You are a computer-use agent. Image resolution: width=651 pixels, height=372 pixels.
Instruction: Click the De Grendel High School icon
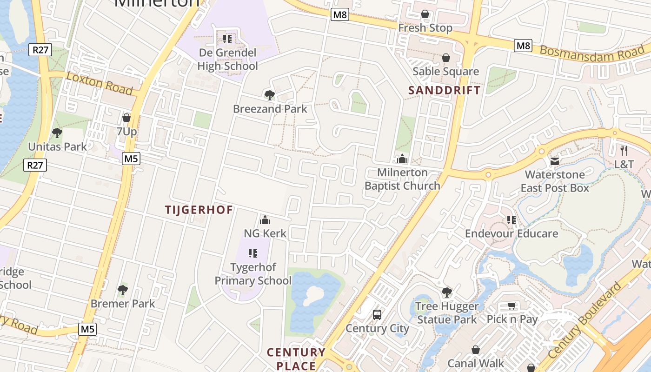[x=227, y=39]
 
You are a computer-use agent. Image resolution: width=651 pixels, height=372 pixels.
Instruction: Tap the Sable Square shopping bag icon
[x=445, y=58]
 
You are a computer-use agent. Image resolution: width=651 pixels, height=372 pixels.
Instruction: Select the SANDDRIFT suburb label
[x=444, y=90]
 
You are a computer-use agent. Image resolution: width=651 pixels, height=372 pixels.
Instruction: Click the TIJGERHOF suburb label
[x=199, y=210]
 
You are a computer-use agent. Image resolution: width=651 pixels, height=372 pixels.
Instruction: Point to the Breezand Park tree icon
[x=269, y=95]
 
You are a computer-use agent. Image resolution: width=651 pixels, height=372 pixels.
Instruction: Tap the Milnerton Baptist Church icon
[x=402, y=159]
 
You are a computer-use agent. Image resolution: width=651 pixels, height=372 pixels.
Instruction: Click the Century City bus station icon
[x=377, y=314]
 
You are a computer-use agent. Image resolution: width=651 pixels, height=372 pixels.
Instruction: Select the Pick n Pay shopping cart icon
[x=512, y=306]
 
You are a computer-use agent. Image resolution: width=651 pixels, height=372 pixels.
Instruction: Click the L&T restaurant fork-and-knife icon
[x=624, y=150]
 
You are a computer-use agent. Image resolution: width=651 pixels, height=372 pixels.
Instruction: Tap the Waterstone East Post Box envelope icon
[x=555, y=161]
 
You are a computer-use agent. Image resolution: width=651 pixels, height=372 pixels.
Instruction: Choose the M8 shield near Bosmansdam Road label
[x=523, y=46]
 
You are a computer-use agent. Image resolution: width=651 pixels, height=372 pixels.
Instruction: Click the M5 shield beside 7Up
[x=131, y=159]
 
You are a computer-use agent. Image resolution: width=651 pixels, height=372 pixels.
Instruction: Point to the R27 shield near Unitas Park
[x=36, y=165]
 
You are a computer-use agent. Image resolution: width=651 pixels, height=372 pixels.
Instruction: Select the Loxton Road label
[x=100, y=83]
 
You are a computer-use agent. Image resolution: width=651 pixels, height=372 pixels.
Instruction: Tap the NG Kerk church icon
[x=265, y=219]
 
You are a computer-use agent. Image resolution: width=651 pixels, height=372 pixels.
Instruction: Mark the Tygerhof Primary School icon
[x=253, y=253]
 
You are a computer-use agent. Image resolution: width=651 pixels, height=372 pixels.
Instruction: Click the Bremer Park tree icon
[x=123, y=290]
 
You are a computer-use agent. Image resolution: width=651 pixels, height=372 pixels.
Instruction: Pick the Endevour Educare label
[x=511, y=233]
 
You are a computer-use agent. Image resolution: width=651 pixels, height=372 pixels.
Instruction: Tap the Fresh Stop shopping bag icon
[x=425, y=14]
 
